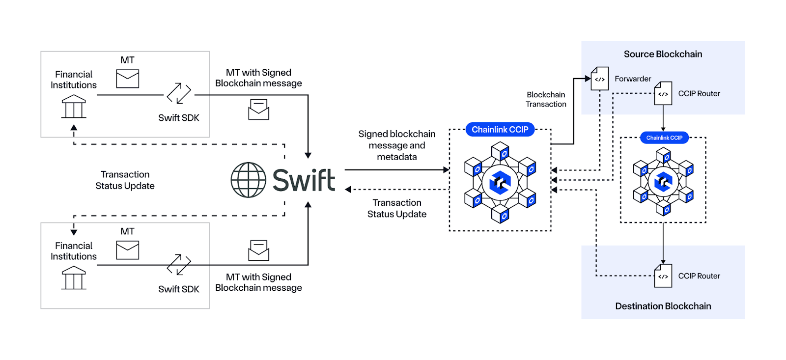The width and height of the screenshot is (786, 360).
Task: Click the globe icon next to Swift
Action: tap(249, 180)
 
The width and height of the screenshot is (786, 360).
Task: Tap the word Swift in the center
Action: tap(304, 180)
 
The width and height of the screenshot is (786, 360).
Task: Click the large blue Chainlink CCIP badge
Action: tap(500, 130)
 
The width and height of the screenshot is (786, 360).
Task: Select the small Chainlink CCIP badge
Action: tap(664, 138)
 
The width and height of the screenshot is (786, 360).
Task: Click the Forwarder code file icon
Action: tap(600, 79)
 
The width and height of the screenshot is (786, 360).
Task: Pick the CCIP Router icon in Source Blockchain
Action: tap(663, 93)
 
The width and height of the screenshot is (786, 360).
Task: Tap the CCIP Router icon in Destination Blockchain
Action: tap(663, 276)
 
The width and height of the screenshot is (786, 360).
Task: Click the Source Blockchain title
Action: tap(663, 54)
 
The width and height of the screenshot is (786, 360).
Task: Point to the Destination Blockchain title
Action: tap(663, 306)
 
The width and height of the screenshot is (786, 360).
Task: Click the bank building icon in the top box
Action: tap(74, 107)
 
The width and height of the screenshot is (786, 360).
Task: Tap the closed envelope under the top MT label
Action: tap(128, 79)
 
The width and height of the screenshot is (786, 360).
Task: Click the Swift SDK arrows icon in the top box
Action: tap(179, 93)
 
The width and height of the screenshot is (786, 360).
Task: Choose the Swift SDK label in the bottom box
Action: tap(179, 289)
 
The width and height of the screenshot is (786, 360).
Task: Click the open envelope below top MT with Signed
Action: tap(258, 110)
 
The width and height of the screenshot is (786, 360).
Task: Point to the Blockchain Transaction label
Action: tap(546, 99)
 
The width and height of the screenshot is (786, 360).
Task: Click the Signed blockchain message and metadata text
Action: tap(397, 145)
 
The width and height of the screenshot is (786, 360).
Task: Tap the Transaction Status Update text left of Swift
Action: tap(125, 180)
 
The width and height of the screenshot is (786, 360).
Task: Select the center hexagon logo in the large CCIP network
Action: tap(500, 183)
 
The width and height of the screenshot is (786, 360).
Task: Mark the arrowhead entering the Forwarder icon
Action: tap(588, 78)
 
